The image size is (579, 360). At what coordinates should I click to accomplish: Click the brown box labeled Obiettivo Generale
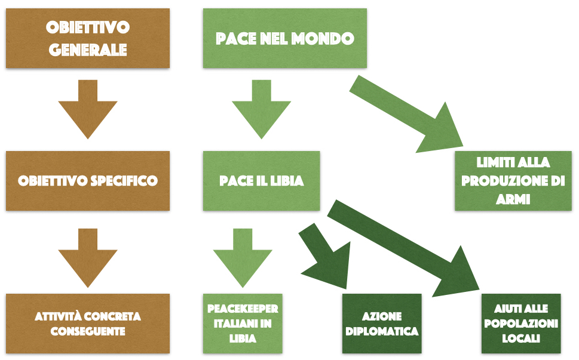(x=88, y=38)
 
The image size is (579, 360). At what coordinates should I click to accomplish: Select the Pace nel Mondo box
(x=284, y=38)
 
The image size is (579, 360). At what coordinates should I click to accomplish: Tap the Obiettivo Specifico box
(x=88, y=180)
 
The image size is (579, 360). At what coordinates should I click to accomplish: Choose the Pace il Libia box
(x=261, y=180)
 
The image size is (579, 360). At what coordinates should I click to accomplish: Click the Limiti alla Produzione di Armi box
(x=513, y=180)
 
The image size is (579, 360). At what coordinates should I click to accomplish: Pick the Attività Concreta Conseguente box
(x=88, y=322)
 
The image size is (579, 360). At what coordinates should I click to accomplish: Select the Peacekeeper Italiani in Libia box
(x=243, y=322)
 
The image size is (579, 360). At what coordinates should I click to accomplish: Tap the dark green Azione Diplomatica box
(x=382, y=322)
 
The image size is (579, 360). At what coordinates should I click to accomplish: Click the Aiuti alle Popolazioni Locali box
(x=521, y=322)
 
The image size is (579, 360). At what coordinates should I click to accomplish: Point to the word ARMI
(x=513, y=199)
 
